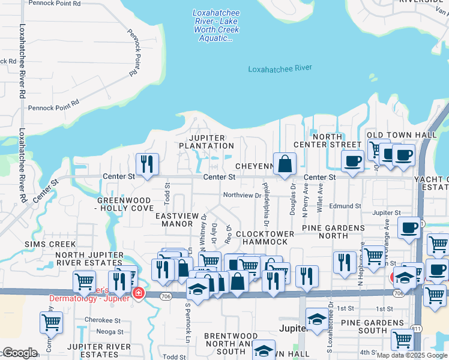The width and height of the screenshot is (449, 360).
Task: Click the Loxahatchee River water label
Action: click(x=280, y=68)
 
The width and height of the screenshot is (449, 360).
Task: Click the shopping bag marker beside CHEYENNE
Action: click(x=286, y=163)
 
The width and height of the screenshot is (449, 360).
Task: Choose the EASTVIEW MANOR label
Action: click(x=174, y=220)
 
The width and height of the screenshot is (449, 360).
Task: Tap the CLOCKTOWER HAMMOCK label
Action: click(x=265, y=238)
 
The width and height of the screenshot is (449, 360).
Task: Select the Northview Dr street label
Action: click(x=242, y=195)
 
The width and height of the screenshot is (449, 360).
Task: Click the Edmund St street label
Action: click(x=345, y=206)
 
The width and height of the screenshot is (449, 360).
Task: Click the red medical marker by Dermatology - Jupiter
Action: click(x=139, y=293)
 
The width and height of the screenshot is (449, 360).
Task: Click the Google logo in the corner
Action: click(x=20, y=353)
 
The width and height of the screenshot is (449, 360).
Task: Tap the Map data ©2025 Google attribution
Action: click(x=411, y=355)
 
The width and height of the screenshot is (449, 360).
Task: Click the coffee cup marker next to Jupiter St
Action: click(x=410, y=229)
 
